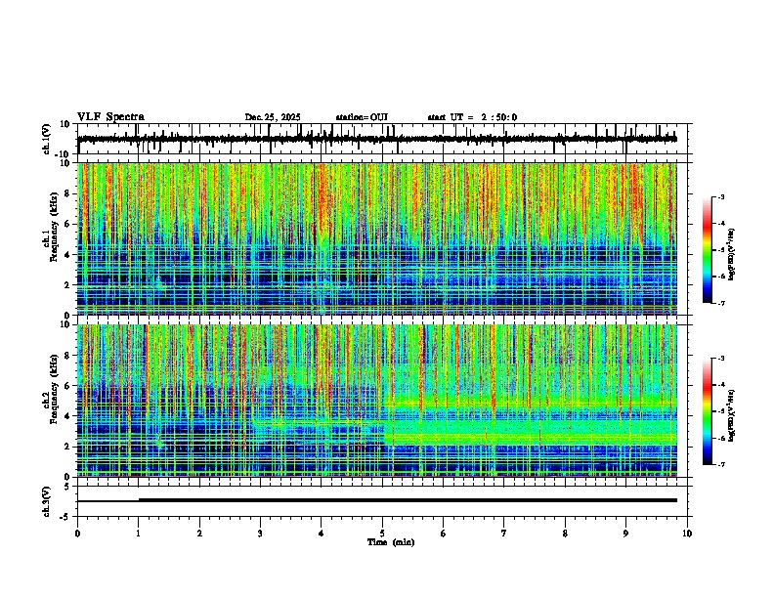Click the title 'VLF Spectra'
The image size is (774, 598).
pyautogui.click(x=110, y=116)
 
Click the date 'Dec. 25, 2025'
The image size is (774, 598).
pyautogui.click(x=273, y=117)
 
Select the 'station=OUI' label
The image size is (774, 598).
pyautogui.click(x=362, y=117)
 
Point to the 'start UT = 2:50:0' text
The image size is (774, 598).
pyautogui.click(x=472, y=117)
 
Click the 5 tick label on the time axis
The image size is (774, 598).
pyautogui.click(x=382, y=534)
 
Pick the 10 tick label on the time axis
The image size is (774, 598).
pyautogui.click(x=687, y=534)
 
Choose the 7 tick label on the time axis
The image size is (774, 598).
pyautogui.click(x=503, y=534)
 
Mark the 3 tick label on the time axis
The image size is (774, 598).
pyautogui.click(x=260, y=534)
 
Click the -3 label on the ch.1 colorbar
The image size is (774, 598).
pyautogui.click(x=720, y=197)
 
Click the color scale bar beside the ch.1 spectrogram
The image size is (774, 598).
pyautogui.click(x=709, y=250)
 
